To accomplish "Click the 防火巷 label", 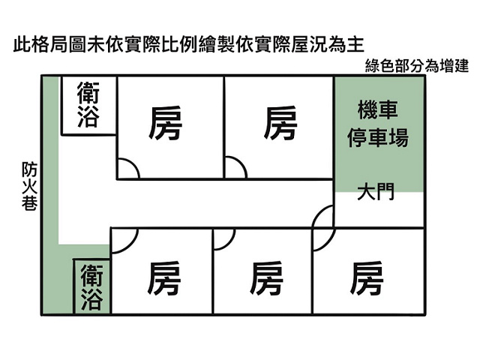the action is coord(29,187).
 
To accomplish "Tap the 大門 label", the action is coord(376,192).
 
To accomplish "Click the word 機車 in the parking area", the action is coord(378,109).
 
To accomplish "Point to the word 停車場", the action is coord(378,137).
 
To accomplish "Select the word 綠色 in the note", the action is coord(379,66).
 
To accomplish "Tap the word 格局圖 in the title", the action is coord(58,45).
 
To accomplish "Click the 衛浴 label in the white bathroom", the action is coord(88,104).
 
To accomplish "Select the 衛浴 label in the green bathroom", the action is coord(91,287).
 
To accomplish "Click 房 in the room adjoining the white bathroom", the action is coord(165,123).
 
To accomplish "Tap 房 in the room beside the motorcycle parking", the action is coord(280,123).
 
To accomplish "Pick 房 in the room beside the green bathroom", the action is coord(163,278).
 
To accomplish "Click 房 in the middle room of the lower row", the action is coord(265,278).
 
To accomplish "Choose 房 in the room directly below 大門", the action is coord(367,278).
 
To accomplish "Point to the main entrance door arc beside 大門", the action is coord(317,211).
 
